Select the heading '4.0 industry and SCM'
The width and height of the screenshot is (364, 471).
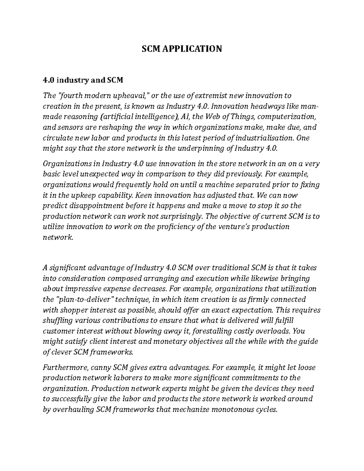[x=83, y=80]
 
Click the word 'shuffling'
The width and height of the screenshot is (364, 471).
[x=58, y=321]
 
